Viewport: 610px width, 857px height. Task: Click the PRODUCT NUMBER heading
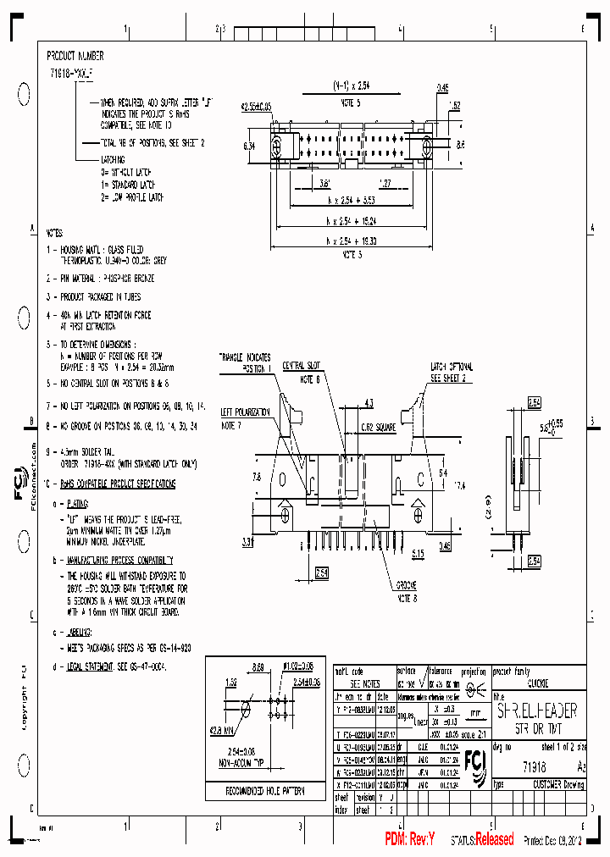(75, 56)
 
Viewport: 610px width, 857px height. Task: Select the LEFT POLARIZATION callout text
(245, 412)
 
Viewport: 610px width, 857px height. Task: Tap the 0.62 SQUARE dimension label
(377, 428)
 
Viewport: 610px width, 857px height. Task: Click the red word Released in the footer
(494, 839)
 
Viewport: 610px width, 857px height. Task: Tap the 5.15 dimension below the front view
(418, 554)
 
